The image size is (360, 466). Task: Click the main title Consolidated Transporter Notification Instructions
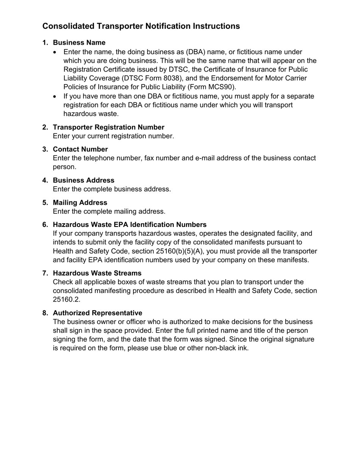point(141,26)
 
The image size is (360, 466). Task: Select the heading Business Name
point(79,42)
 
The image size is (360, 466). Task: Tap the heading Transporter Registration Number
point(108,127)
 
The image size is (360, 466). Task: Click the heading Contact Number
point(80,149)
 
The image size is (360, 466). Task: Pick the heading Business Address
point(83,180)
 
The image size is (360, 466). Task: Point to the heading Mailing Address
point(80,203)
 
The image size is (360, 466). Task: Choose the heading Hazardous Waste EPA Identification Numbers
point(130,225)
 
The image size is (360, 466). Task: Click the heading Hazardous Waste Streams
point(97,273)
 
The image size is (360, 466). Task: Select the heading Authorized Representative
point(97,313)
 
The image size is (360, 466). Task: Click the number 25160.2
point(66,300)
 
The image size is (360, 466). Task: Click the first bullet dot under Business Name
point(56,52)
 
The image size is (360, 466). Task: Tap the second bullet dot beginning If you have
point(56,97)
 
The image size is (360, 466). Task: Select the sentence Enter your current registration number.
point(113,136)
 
